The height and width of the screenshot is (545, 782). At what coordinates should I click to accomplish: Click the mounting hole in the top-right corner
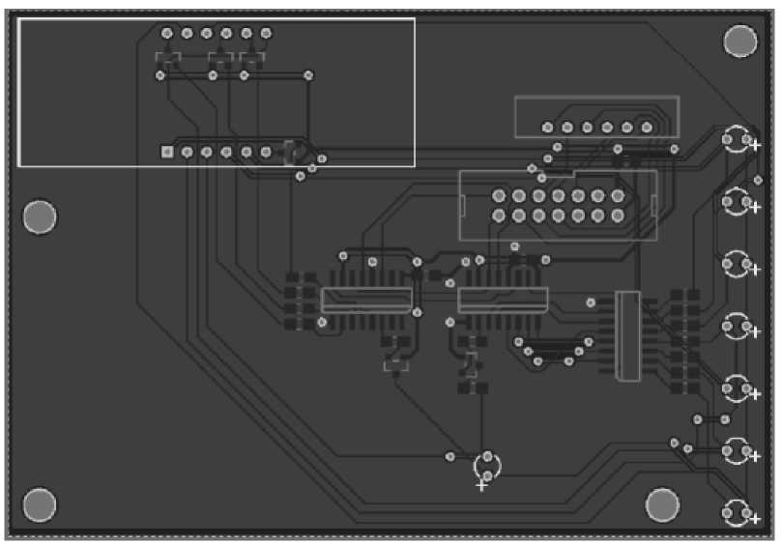click(739, 41)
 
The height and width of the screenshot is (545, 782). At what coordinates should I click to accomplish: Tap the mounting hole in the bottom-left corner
click(40, 504)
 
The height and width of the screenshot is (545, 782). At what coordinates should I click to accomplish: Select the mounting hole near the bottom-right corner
click(662, 504)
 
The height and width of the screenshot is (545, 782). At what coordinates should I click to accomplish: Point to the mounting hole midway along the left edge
click(40, 217)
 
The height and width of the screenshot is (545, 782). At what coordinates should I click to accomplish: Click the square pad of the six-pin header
click(167, 152)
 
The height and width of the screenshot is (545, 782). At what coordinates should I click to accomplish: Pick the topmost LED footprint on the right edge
click(738, 140)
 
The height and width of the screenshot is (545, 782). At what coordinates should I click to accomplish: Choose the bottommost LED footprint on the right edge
click(738, 512)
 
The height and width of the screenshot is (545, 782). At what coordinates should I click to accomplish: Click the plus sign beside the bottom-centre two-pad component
click(481, 485)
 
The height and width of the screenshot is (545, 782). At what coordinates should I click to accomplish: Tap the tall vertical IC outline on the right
click(627, 335)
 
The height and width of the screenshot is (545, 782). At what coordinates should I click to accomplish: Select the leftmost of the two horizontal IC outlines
click(366, 300)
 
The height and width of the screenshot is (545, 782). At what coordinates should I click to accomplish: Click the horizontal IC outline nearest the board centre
click(503, 300)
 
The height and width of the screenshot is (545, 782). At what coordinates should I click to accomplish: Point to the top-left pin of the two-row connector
click(499, 196)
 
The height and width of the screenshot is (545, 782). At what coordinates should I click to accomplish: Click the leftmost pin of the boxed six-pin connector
click(547, 127)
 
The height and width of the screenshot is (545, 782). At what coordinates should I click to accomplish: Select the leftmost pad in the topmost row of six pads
click(167, 33)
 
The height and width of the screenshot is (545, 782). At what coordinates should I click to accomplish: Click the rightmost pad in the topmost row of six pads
click(266, 33)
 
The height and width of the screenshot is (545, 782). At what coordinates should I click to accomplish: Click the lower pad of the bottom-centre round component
click(489, 475)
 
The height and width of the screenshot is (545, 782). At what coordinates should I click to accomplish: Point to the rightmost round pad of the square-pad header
click(266, 152)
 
